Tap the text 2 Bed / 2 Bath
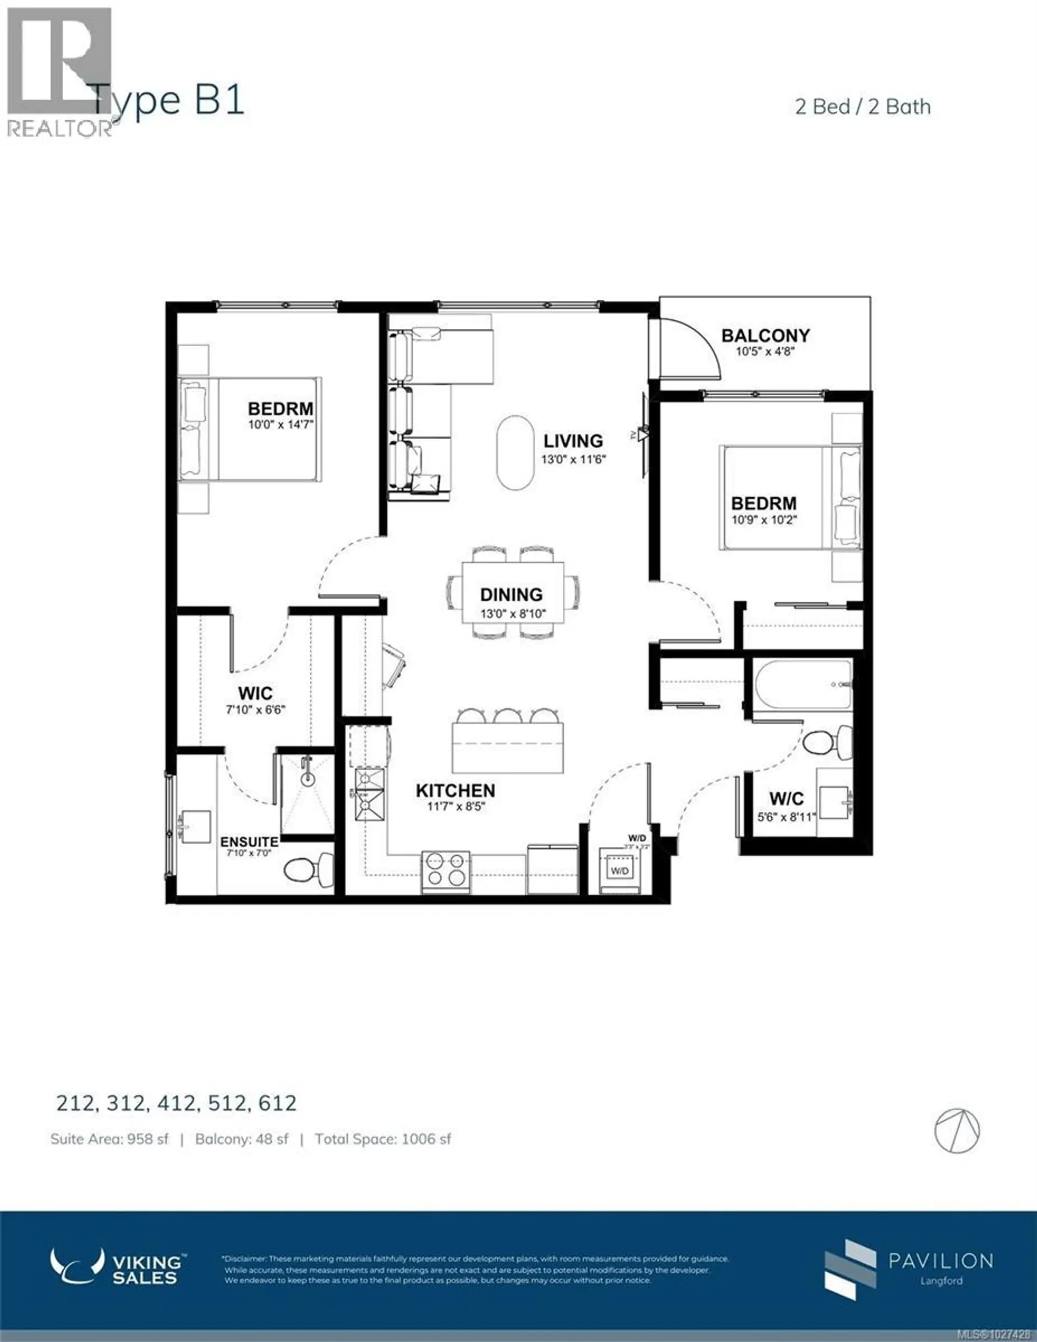coord(863,107)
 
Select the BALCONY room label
coord(765,335)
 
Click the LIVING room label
coord(573,441)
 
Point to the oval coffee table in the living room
coord(515,453)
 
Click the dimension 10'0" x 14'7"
coord(281,424)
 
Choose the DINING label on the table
coord(511,595)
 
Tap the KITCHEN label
coord(455,791)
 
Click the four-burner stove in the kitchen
coord(446,870)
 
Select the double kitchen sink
coord(369,794)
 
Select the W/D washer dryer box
coord(619,871)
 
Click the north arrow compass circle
coord(957,1131)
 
